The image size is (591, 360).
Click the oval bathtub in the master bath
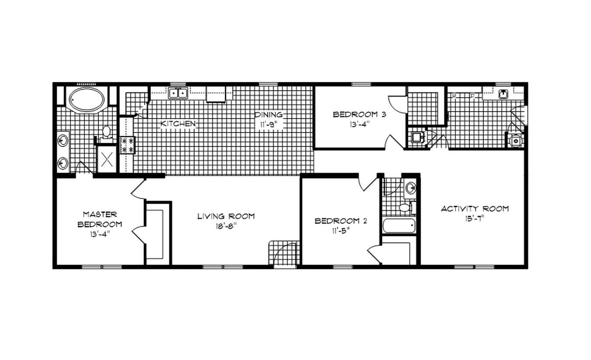tap(87, 100)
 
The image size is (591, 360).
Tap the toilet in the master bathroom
tap(106, 133)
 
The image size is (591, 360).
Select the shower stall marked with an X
tap(107, 159)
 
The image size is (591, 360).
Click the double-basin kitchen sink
tap(178, 93)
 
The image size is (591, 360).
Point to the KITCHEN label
tap(178, 124)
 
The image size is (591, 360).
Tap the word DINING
tap(268, 115)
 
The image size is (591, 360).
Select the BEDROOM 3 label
tap(353, 115)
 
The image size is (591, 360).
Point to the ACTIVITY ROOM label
tap(475, 209)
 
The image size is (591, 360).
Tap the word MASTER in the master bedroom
tap(100, 214)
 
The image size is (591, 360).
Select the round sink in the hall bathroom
tap(410, 189)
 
